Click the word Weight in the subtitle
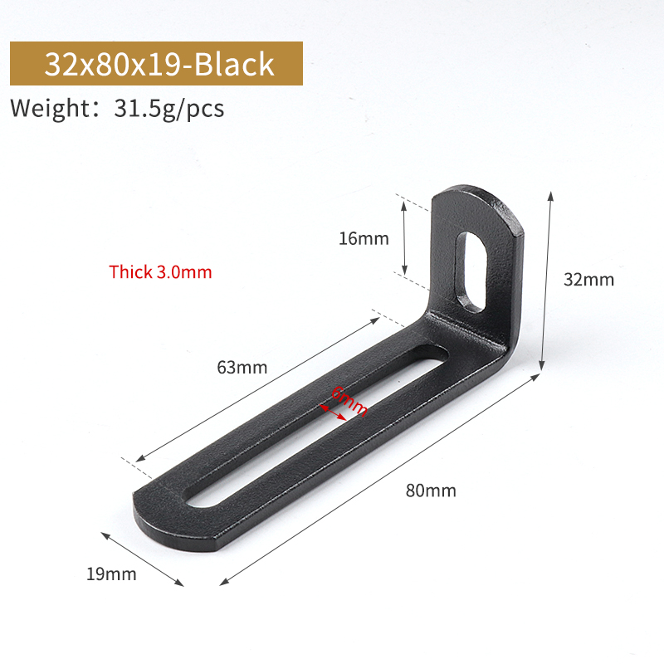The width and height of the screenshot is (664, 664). (51, 109)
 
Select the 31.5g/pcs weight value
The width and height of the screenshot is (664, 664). (169, 109)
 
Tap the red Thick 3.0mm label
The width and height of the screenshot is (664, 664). (160, 271)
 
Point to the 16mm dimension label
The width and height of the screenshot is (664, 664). (364, 239)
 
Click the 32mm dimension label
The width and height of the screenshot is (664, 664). (588, 280)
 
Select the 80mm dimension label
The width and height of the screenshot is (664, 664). (431, 490)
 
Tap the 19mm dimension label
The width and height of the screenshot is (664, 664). (110, 573)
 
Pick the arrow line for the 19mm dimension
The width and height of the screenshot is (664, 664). (144, 559)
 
